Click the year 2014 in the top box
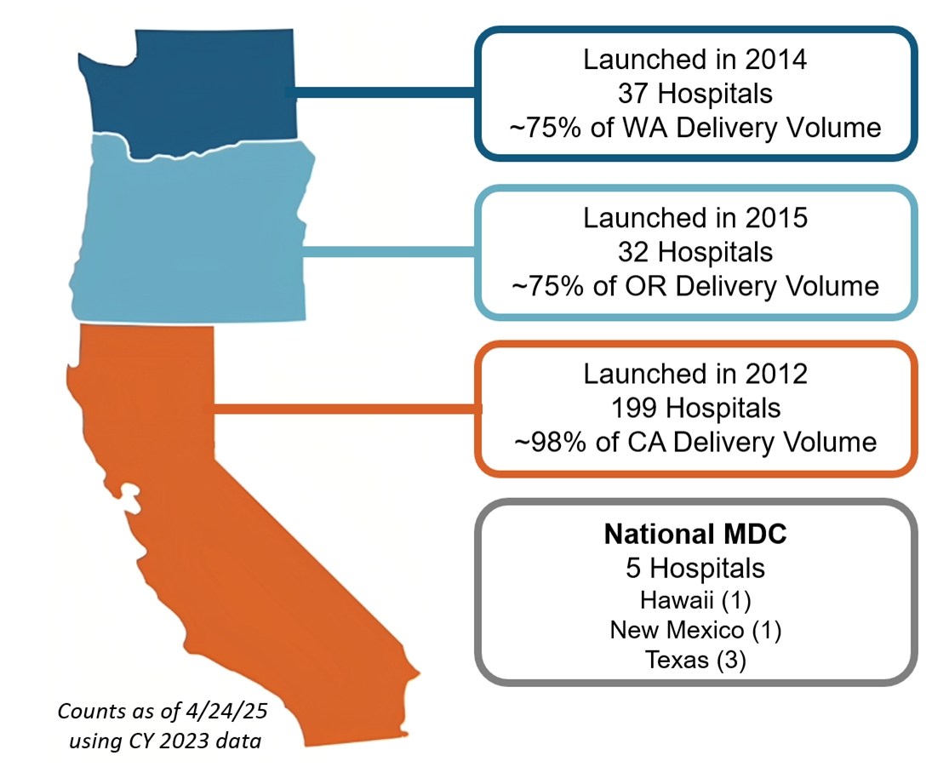[x=776, y=60]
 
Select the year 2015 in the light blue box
[x=776, y=218]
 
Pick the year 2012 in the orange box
[x=776, y=374]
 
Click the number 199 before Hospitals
[x=634, y=408]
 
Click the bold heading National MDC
[x=695, y=534]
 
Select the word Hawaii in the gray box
[x=676, y=600]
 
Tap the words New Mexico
[x=677, y=630]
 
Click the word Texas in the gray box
[x=676, y=659]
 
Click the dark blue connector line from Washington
[x=381, y=92]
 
